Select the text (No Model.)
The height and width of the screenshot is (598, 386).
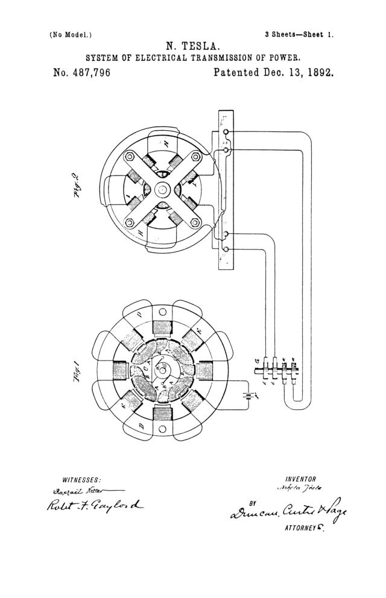71,34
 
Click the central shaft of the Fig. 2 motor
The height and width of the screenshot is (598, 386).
162,189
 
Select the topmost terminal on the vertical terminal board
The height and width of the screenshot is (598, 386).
226,132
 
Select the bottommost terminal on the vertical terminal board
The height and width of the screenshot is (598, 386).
226,248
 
